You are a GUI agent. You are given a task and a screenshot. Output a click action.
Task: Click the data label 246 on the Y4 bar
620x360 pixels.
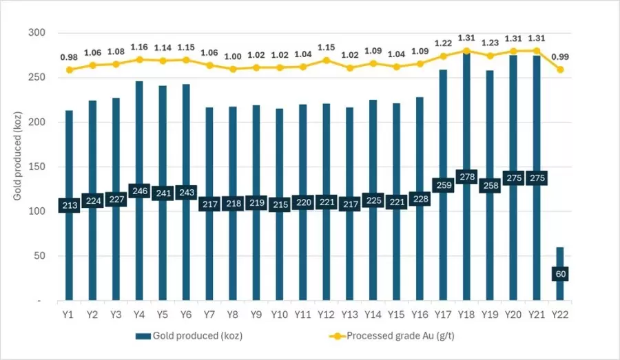(x=138, y=191)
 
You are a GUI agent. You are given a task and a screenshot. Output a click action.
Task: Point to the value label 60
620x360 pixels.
(x=561, y=273)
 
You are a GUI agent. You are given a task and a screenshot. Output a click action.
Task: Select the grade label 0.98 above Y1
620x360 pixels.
(x=69, y=56)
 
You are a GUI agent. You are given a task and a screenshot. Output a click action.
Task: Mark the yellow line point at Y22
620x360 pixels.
(x=561, y=70)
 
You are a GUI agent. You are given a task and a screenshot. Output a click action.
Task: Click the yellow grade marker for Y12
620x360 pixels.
(x=326, y=61)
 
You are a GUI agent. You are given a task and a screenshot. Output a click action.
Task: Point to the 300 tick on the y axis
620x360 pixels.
(x=37, y=33)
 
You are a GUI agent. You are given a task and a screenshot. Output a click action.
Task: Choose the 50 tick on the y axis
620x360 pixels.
(x=40, y=256)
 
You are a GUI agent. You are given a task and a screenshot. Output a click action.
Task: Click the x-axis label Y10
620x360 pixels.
(x=280, y=315)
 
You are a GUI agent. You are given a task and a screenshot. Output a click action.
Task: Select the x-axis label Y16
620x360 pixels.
(x=419, y=315)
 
